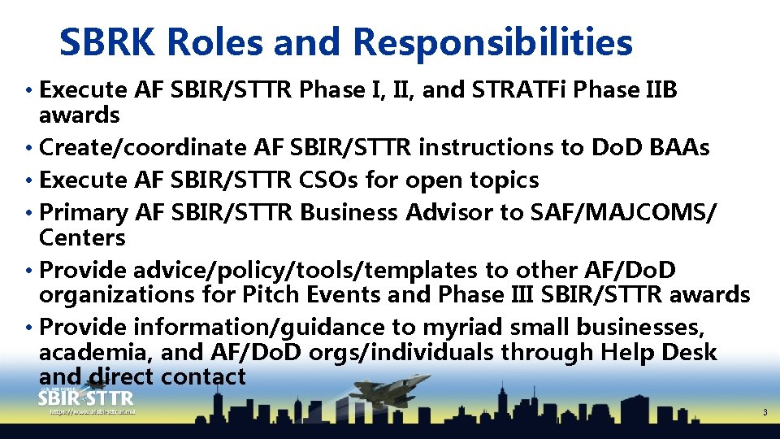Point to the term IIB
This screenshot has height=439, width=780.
click(x=658, y=89)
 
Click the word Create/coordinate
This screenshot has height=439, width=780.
click(x=143, y=148)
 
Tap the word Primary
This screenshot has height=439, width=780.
click(x=84, y=212)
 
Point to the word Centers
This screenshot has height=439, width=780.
click(x=82, y=237)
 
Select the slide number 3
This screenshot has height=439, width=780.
click(x=764, y=413)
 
